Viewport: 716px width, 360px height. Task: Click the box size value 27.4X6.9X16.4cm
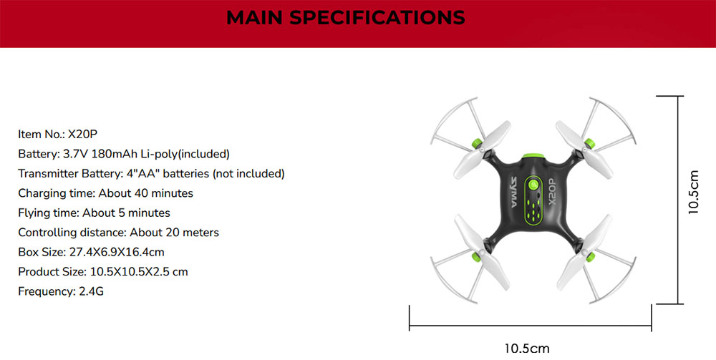click(116, 252)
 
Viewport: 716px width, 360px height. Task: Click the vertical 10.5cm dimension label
click(693, 193)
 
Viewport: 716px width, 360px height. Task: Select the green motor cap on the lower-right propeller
click(591, 256)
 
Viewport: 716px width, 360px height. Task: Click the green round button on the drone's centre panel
click(532, 185)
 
